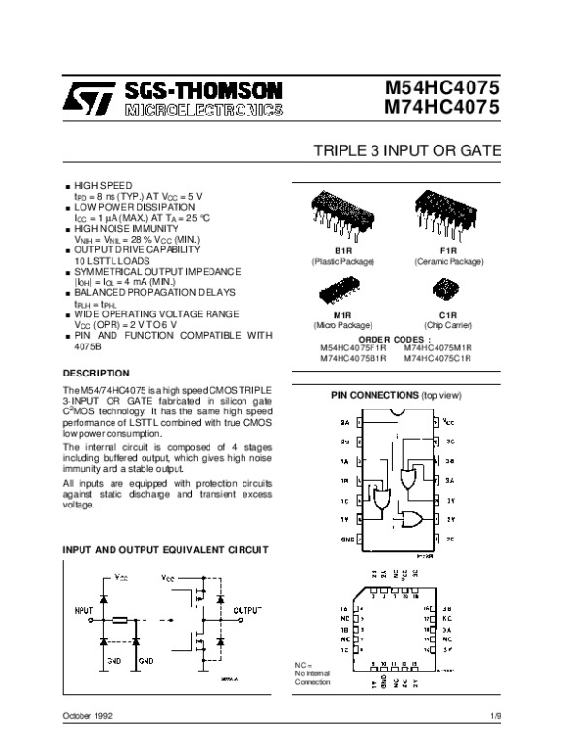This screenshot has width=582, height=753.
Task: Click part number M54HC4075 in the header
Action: pos(435,88)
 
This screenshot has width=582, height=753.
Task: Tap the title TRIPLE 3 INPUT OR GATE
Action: pos(406,152)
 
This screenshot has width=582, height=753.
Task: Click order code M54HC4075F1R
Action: pos(354,347)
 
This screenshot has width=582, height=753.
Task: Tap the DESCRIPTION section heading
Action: pos(96,373)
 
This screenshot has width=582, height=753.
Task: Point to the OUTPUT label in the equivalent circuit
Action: pos(248,610)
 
